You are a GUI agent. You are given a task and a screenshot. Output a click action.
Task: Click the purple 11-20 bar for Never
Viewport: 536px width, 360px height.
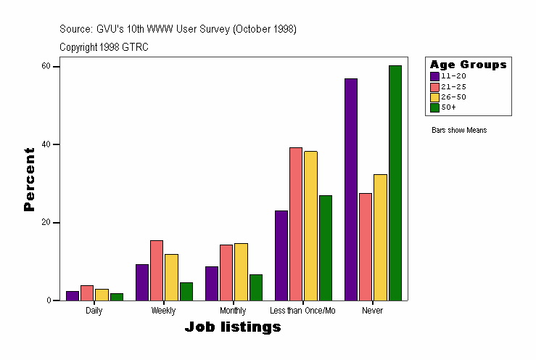(351, 189)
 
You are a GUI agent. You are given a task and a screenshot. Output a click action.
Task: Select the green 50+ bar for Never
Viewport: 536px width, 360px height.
(395, 183)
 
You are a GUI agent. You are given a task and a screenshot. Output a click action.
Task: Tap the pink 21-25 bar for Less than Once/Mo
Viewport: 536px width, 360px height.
(295, 224)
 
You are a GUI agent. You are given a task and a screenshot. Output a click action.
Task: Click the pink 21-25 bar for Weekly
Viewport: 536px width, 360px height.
(157, 270)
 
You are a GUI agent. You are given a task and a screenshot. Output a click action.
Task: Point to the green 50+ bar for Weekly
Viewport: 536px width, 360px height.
(186, 291)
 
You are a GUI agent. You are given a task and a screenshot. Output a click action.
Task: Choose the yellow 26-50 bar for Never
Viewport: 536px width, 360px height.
(380, 237)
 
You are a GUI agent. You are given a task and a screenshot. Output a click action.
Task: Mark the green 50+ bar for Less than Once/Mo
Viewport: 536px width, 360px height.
(325, 247)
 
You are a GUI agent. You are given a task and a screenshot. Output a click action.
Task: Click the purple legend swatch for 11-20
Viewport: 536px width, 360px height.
(434, 76)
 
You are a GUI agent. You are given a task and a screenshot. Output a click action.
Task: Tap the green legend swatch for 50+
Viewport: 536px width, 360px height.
(434, 107)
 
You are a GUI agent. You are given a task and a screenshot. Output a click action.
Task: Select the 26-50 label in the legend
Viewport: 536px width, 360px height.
(449, 97)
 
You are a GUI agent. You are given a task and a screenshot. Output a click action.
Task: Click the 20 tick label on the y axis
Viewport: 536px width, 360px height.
(46, 222)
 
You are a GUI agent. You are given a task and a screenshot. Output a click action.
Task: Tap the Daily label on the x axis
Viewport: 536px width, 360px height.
(94, 311)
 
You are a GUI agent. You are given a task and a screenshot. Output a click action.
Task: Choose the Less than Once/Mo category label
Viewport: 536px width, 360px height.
(302, 311)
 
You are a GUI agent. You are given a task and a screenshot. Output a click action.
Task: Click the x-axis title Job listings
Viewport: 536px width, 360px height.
(233, 327)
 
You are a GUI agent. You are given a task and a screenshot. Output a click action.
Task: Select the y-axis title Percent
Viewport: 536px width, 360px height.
(29, 179)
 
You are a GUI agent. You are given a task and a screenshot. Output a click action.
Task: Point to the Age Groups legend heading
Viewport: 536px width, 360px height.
(468, 65)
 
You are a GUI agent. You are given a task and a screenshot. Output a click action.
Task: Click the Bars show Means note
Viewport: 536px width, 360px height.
(459, 131)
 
